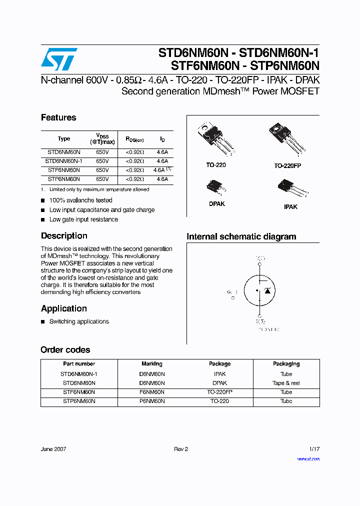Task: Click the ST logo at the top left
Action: point(59,59)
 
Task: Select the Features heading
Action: point(58,117)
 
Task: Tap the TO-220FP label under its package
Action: point(287,165)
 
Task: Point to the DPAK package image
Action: point(216,188)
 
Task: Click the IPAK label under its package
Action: point(290,206)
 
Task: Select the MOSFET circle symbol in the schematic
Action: point(259,290)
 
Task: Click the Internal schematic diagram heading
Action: point(241,236)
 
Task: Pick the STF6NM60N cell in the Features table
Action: point(63,170)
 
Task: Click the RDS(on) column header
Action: point(134,139)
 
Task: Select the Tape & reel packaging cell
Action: point(286,383)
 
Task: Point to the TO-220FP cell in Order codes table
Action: point(219,392)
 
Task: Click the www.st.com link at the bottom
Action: point(308,458)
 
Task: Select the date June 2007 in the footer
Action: point(53,449)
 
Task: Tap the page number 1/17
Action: point(313,449)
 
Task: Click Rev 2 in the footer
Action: point(180,449)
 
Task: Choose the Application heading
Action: point(64,308)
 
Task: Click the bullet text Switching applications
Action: point(79,321)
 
